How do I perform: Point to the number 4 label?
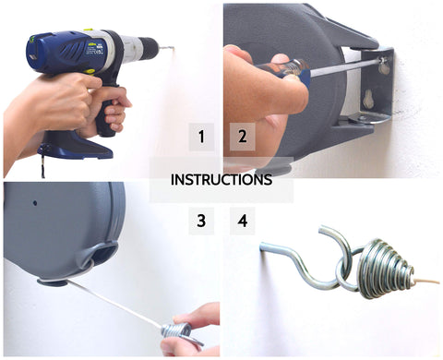click(x=242, y=221)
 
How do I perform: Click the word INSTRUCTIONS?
click(x=221, y=180)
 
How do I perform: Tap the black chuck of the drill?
click(x=138, y=47)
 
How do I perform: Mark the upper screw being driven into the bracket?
click(x=382, y=66)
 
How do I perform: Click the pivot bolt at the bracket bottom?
click(x=362, y=118)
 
